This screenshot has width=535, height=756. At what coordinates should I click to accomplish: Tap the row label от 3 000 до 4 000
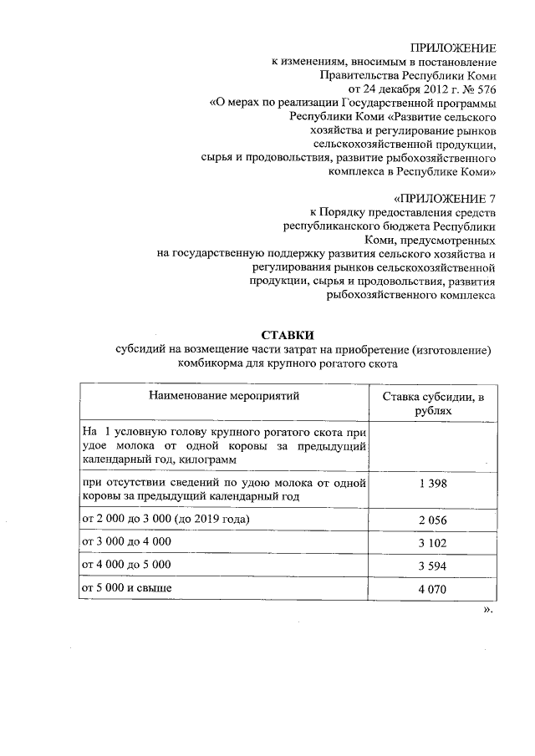(x=125, y=542)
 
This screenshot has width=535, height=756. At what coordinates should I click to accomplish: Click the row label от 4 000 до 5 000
(x=125, y=566)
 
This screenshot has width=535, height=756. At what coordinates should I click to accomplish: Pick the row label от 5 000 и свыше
(x=125, y=589)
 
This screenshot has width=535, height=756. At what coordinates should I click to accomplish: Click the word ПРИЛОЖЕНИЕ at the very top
(x=454, y=48)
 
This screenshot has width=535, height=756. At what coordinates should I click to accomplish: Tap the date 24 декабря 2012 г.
(x=405, y=89)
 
